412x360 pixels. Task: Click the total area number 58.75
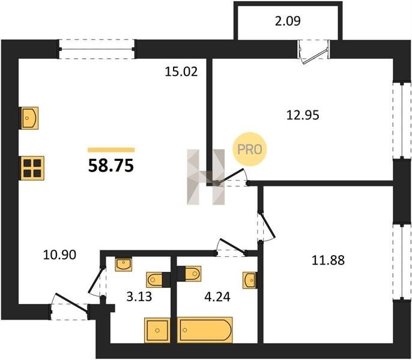111,166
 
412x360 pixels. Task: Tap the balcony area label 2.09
288,21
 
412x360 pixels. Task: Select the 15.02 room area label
181,71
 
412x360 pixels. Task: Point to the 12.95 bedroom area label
303,115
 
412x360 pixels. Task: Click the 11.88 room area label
328,260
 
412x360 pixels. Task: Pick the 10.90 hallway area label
59,255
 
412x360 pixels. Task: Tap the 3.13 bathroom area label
139,297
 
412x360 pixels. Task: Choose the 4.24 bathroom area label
217,297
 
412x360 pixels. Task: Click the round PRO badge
250,149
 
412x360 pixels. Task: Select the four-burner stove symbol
32,169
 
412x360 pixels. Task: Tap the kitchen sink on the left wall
29,118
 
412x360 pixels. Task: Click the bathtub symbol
205,330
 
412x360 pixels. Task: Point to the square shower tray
157,331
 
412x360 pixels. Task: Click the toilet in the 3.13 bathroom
158,280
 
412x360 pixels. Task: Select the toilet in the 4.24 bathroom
190,274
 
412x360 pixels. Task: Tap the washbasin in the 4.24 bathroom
250,280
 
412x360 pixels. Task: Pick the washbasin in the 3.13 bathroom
124,264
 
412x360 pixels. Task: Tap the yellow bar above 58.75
111,150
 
